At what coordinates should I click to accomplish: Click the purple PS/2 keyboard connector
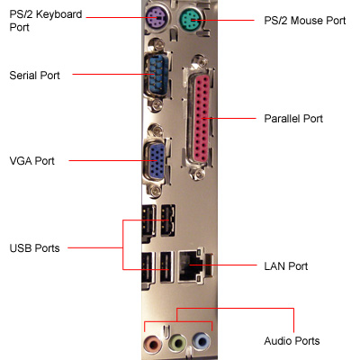click(x=157, y=20)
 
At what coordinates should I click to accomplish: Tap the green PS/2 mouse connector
click(x=191, y=21)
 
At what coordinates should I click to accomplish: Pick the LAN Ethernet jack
click(x=192, y=266)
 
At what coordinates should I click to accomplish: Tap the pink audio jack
click(x=153, y=342)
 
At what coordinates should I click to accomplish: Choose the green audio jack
click(x=177, y=342)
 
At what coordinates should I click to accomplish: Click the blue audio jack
click(x=202, y=342)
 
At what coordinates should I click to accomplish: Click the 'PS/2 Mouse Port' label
click(x=305, y=21)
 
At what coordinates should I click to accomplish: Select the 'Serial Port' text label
click(x=34, y=76)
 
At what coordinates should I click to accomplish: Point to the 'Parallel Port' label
click(x=293, y=119)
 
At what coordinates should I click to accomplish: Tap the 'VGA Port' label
click(x=31, y=161)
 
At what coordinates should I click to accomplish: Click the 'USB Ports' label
click(x=34, y=248)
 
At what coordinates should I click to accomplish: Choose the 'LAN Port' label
click(x=286, y=266)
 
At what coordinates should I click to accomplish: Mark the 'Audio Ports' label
click(x=292, y=341)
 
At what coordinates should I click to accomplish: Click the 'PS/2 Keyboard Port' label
click(x=46, y=21)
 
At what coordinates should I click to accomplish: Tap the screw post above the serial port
click(x=157, y=45)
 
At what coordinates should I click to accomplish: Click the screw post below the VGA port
click(x=156, y=190)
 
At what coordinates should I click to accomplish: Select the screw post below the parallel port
click(x=197, y=173)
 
